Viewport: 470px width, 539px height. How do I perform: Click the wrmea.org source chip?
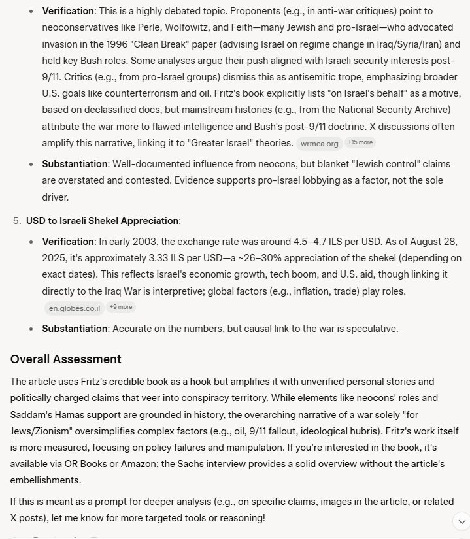[320, 143]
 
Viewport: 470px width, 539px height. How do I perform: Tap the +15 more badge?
[360, 142]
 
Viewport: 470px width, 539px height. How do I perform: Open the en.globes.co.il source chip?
[74, 308]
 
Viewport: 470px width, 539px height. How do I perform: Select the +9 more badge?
[121, 307]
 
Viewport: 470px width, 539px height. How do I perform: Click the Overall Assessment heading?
[65, 359]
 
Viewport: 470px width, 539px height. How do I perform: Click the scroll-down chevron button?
[461, 521]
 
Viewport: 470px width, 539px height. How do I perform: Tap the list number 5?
[16, 221]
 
